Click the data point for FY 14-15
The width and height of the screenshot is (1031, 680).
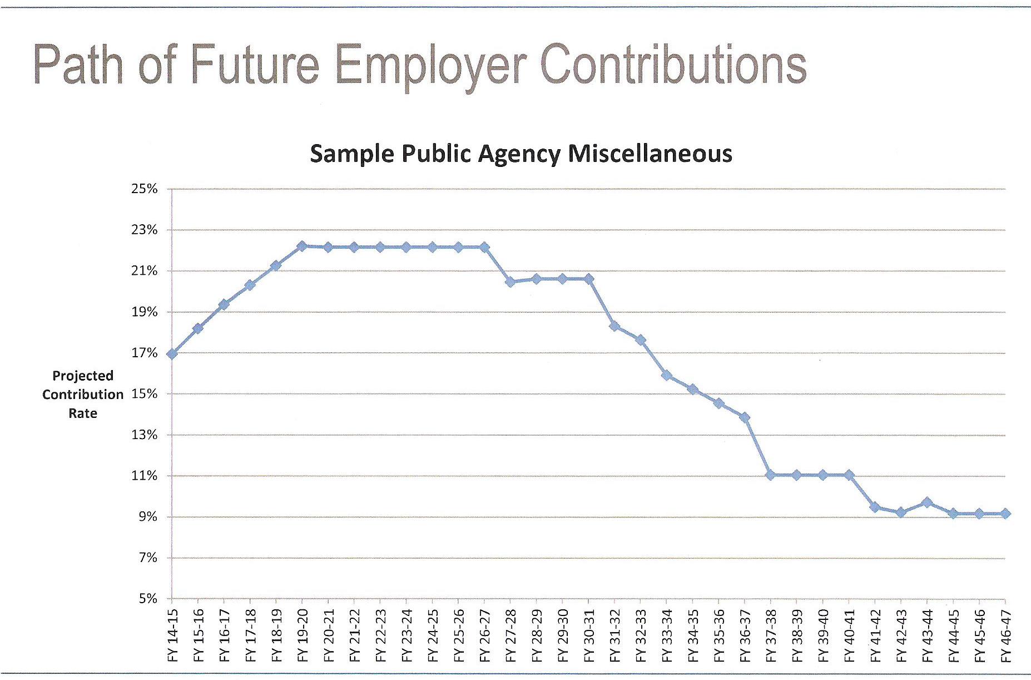pyautogui.click(x=172, y=354)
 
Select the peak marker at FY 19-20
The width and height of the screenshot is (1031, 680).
pyautogui.click(x=302, y=246)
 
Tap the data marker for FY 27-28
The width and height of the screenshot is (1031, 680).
pyautogui.click(x=510, y=282)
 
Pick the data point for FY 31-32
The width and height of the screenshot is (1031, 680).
pyautogui.click(x=614, y=326)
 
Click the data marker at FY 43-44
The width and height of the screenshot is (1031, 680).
pyautogui.click(x=927, y=503)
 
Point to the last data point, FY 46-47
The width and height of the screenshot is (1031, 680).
pyautogui.click(x=1005, y=514)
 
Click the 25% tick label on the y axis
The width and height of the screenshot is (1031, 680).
pyautogui.click(x=144, y=189)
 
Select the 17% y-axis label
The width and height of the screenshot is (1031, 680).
pyautogui.click(x=144, y=353)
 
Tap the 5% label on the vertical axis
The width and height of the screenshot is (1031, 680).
pyautogui.click(x=147, y=599)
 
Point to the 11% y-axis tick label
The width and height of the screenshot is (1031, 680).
pyautogui.click(x=144, y=476)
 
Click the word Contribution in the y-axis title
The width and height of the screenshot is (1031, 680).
pyautogui.click(x=83, y=395)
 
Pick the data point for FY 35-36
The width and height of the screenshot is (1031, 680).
pyautogui.click(x=719, y=403)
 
